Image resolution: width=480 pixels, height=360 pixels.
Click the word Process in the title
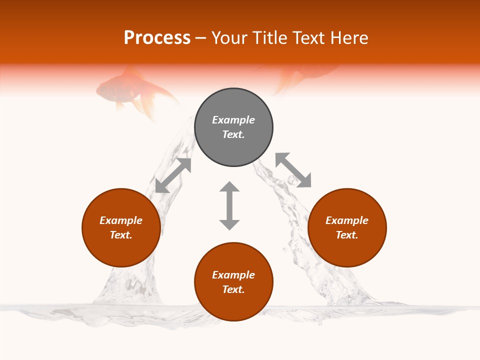[x=157, y=38]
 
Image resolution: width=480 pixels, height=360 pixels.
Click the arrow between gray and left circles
[x=173, y=175]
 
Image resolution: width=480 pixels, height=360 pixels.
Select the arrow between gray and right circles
[x=293, y=170]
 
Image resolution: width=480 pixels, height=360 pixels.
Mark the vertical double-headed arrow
[x=229, y=205]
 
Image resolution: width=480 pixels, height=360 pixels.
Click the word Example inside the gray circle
[x=233, y=120]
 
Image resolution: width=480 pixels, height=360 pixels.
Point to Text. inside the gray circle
[x=233, y=134]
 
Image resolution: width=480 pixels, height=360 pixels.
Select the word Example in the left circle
[x=121, y=220]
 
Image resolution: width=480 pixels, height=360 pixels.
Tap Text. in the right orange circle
[x=347, y=235]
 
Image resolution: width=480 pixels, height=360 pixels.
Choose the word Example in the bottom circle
[x=233, y=275]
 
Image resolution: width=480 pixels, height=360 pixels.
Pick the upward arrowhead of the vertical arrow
[x=229, y=187]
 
